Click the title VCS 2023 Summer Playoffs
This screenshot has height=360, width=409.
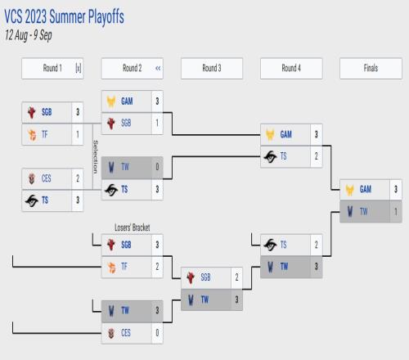click(64, 17)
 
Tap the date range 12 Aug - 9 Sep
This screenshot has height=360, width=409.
click(29, 35)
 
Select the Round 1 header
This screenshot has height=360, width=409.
click(52, 68)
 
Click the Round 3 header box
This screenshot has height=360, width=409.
click(212, 68)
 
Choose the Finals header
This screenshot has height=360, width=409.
click(371, 68)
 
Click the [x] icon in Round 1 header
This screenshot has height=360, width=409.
click(79, 68)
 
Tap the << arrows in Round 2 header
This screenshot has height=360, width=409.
click(158, 68)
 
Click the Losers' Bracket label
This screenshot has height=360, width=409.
click(133, 227)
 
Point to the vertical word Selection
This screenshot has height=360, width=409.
click(96, 157)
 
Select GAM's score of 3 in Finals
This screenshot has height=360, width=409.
click(396, 189)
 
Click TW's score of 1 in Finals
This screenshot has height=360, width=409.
click(396, 212)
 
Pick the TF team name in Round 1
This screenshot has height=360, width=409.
click(45, 134)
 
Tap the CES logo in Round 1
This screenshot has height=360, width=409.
click(32, 178)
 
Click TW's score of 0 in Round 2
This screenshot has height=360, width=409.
click(157, 167)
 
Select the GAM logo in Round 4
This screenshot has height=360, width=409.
click(270, 134)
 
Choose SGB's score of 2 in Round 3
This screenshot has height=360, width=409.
click(236, 277)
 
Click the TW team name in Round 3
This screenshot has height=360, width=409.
click(204, 299)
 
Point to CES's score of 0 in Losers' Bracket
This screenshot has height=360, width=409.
click(157, 333)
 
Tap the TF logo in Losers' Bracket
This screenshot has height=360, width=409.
click(111, 267)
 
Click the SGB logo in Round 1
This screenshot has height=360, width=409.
click(32, 112)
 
